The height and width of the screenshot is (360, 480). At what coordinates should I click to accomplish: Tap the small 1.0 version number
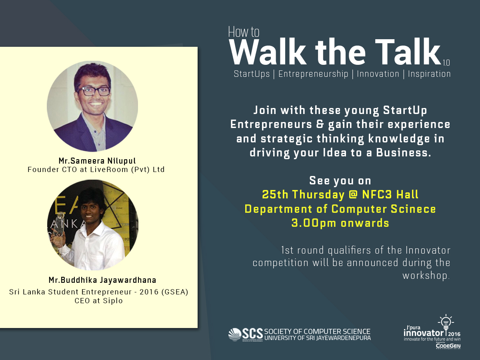pyautogui.click(x=446, y=63)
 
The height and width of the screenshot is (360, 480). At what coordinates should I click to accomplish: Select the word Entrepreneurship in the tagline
pyautogui.click(x=313, y=74)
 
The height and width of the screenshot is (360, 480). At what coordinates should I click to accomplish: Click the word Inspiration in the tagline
pyautogui.click(x=429, y=74)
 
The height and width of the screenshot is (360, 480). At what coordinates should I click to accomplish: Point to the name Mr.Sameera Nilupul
pyautogui.click(x=97, y=161)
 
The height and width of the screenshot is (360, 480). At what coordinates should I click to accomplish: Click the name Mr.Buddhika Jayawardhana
pyautogui.click(x=102, y=280)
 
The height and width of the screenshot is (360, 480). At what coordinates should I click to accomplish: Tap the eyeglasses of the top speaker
pyautogui.click(x=94, y=91)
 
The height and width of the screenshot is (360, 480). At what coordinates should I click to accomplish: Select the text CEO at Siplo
pyautogui.click(x=99, y=301)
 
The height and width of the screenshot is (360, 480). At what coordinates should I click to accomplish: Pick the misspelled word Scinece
pyautogui.click(x=413, y=209)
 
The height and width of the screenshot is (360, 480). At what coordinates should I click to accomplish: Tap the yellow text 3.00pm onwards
pyautogui.click(x=340, y=223)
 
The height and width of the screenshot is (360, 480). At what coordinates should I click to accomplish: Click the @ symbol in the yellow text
pyautogui.click(x=353, y=194)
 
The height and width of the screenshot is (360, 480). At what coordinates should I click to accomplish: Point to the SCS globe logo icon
pyautogui.click(x=235, y=334)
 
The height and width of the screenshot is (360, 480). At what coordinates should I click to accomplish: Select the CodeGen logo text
pyautogui.click(x=448, y=346)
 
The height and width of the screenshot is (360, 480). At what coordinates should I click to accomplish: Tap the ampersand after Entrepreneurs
pyautogui.click(x=320, y=124)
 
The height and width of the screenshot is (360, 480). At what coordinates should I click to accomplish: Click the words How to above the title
pyautogui.click(x=244, y=32)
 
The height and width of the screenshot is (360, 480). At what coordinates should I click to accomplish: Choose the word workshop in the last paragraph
pyautogui.click(x=426, y=276)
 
